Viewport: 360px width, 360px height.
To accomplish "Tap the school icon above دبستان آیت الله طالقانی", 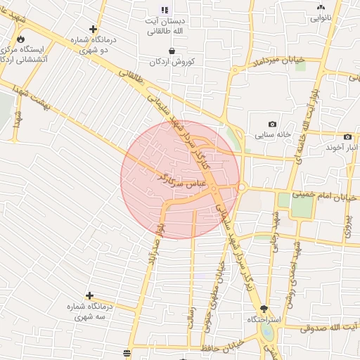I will pos(165,11).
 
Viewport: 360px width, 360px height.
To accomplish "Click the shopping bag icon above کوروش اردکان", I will pos(174,50).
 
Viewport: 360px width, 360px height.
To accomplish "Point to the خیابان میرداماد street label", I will pos(271,63).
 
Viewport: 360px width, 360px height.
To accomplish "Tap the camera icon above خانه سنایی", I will pos(272,124).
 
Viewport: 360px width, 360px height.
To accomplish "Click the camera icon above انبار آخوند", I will pos(347,136).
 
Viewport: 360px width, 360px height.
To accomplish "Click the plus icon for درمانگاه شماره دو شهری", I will pos(94,30).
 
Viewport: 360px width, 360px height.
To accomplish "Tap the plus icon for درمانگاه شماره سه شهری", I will pos(89,295).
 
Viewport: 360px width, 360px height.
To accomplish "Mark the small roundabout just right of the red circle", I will pos(242,187).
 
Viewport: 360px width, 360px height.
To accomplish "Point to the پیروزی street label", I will pos(347,224).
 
